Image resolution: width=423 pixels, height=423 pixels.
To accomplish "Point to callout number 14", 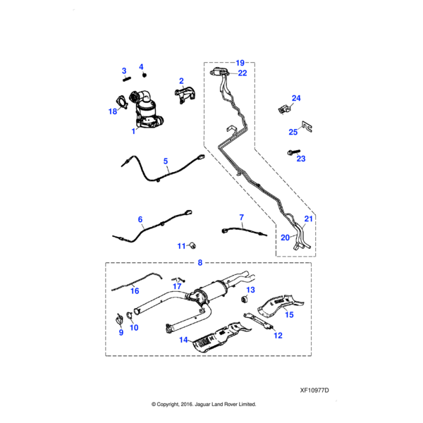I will coord(183,340).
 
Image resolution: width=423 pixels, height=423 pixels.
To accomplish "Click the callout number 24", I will coord(296,98).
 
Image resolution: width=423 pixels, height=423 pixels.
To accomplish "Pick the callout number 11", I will coord(180,245).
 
